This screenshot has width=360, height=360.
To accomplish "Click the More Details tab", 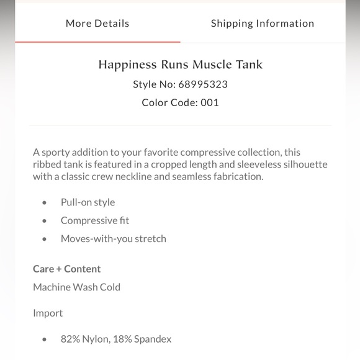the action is click(x=97, y=24).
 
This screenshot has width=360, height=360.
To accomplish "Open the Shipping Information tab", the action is click(x=262, y=24).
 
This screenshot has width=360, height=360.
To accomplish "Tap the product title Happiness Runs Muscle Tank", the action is click(x=180, y=65).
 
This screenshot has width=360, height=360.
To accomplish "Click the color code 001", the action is click(x=209, y=102).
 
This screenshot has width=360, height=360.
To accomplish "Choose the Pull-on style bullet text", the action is click(x=88, y=202).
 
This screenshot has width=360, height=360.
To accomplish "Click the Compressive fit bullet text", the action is click(x=94, y=220).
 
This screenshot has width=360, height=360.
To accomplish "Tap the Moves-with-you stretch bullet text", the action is click(x=113, y=238).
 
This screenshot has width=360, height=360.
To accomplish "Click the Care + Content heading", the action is click(x=66, y=269).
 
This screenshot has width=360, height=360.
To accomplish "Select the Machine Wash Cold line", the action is click(x=76, y=287).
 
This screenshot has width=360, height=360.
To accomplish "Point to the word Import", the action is click(x=48, y=313).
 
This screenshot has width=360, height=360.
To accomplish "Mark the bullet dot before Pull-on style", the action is click(x=44, y=202).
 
